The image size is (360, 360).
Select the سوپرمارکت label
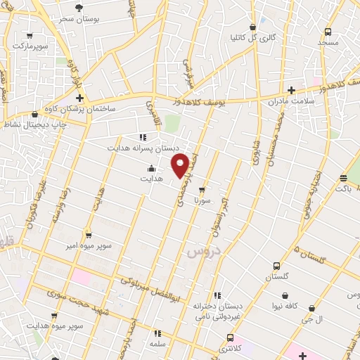(27, 46)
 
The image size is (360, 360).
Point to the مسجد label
(328, 42)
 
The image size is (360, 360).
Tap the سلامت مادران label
(288, 103)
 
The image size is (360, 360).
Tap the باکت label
(342, 188)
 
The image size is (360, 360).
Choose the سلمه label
(157, 344)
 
